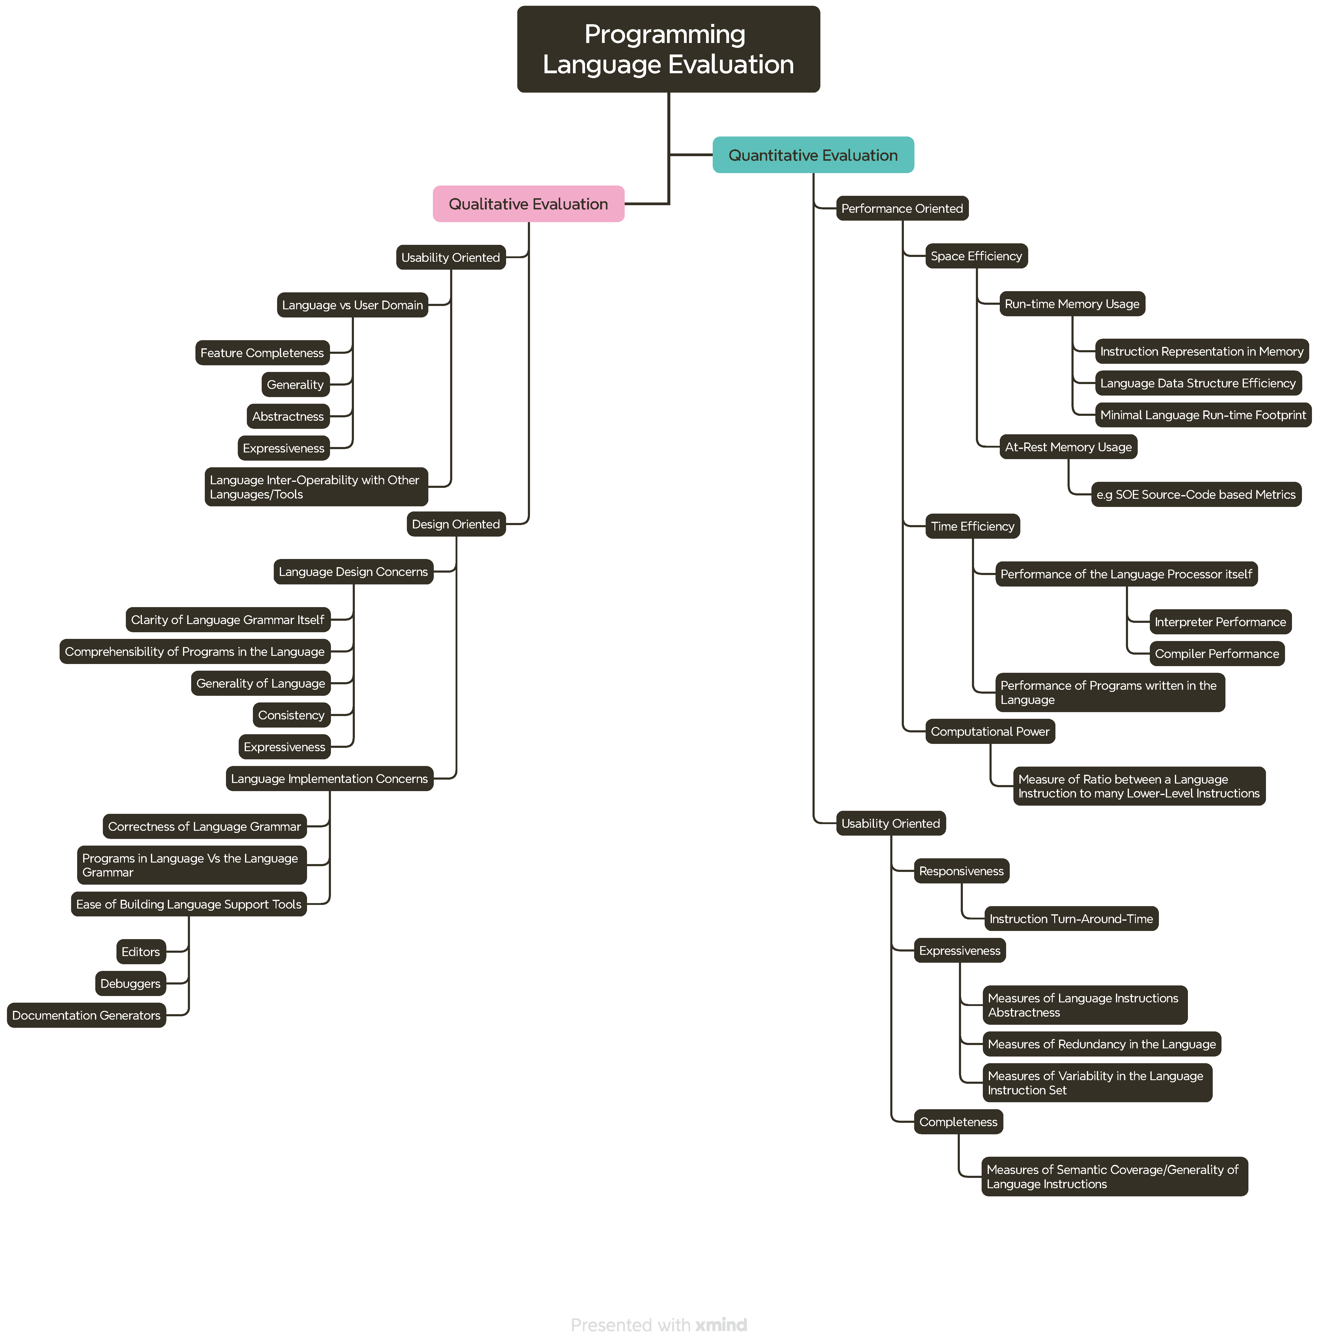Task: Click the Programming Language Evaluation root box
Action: click(x=668, y=49)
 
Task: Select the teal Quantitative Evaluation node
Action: click(x=813, y=155)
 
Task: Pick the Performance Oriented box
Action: click(x=901, y=209)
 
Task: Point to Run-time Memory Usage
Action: click(x=1071, y=304)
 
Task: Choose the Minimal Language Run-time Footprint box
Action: click(x=1202, y=415)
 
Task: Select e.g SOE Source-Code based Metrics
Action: click(x=1195, y=495)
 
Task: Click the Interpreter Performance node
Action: click(x=1220, y=622)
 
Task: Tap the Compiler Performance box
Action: click(x=1216, y=654)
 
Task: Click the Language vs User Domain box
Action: click(x=352, y=305)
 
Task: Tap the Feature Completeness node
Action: click(x=262, y=353)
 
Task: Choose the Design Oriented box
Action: click(x=456, y=524)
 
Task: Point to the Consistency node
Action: click(x=291, y=715)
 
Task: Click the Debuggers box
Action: click(x=130, y=983)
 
